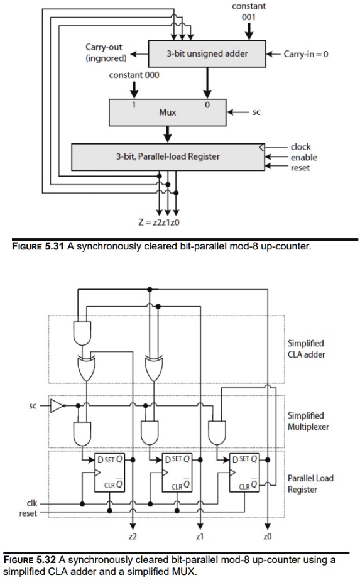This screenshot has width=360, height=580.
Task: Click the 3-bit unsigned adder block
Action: coord(207,54)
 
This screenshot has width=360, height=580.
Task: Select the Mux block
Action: coord(166,112)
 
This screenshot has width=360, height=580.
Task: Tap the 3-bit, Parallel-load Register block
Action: coord(167,156)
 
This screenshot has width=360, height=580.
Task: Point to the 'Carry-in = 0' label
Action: coord(306,54)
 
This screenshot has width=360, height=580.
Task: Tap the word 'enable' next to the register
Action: coord(303,158)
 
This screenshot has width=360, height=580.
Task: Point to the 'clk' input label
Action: coord(31,503)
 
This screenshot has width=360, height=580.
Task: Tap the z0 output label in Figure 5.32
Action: coord(268,537)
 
